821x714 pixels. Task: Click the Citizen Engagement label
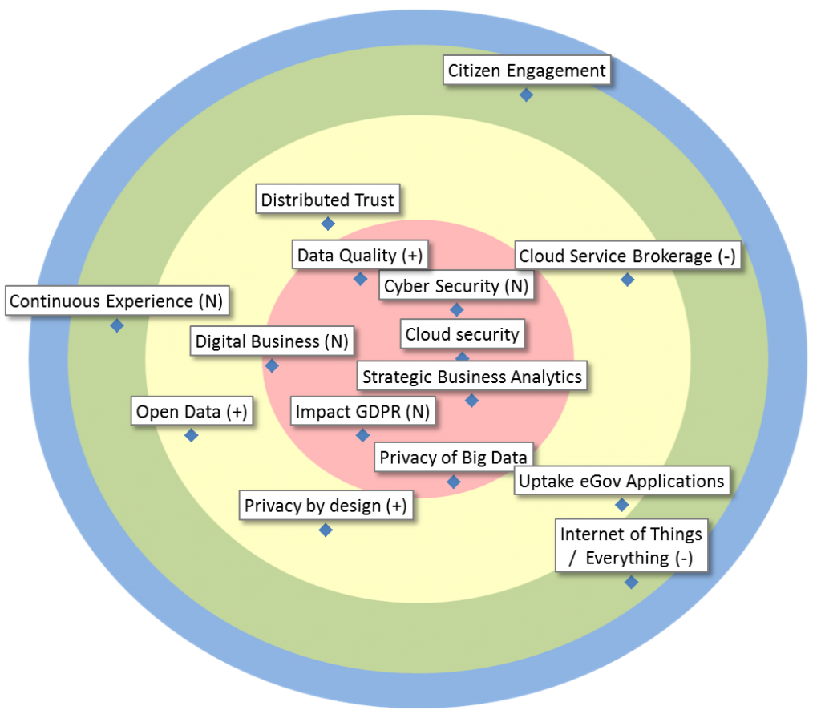click(x=527, y=71)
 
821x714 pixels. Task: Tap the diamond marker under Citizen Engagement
click(x=526, y=95)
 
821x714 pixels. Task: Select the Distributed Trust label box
click(x=328, y=200)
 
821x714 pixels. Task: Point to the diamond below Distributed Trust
click(x=327, y=224)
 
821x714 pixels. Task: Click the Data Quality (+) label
click(x=359, y=256)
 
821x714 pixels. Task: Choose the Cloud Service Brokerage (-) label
click(x=627, y=256)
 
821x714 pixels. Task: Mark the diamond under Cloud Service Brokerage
click(x=627, y=280)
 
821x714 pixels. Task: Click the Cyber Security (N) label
click(x=456, y=286)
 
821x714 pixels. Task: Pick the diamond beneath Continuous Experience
click(x=117, y=325)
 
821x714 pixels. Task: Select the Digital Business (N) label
click(x=272, y=341)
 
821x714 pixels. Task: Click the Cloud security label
click(x=463, y=334)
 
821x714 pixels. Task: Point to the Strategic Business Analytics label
click(x=472, y=377)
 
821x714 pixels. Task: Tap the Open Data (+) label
click(x=192, y=412)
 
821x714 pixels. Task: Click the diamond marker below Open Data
click(x=191, y=435)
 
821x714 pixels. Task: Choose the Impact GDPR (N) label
click(x=362, y=412)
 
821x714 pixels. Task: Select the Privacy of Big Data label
click(x=453, y=458)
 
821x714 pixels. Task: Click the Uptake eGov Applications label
click(x=621, y=481)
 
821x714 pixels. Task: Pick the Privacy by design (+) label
click(x=326, y=506)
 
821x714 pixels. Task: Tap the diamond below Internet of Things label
click(x=631, y=582)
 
